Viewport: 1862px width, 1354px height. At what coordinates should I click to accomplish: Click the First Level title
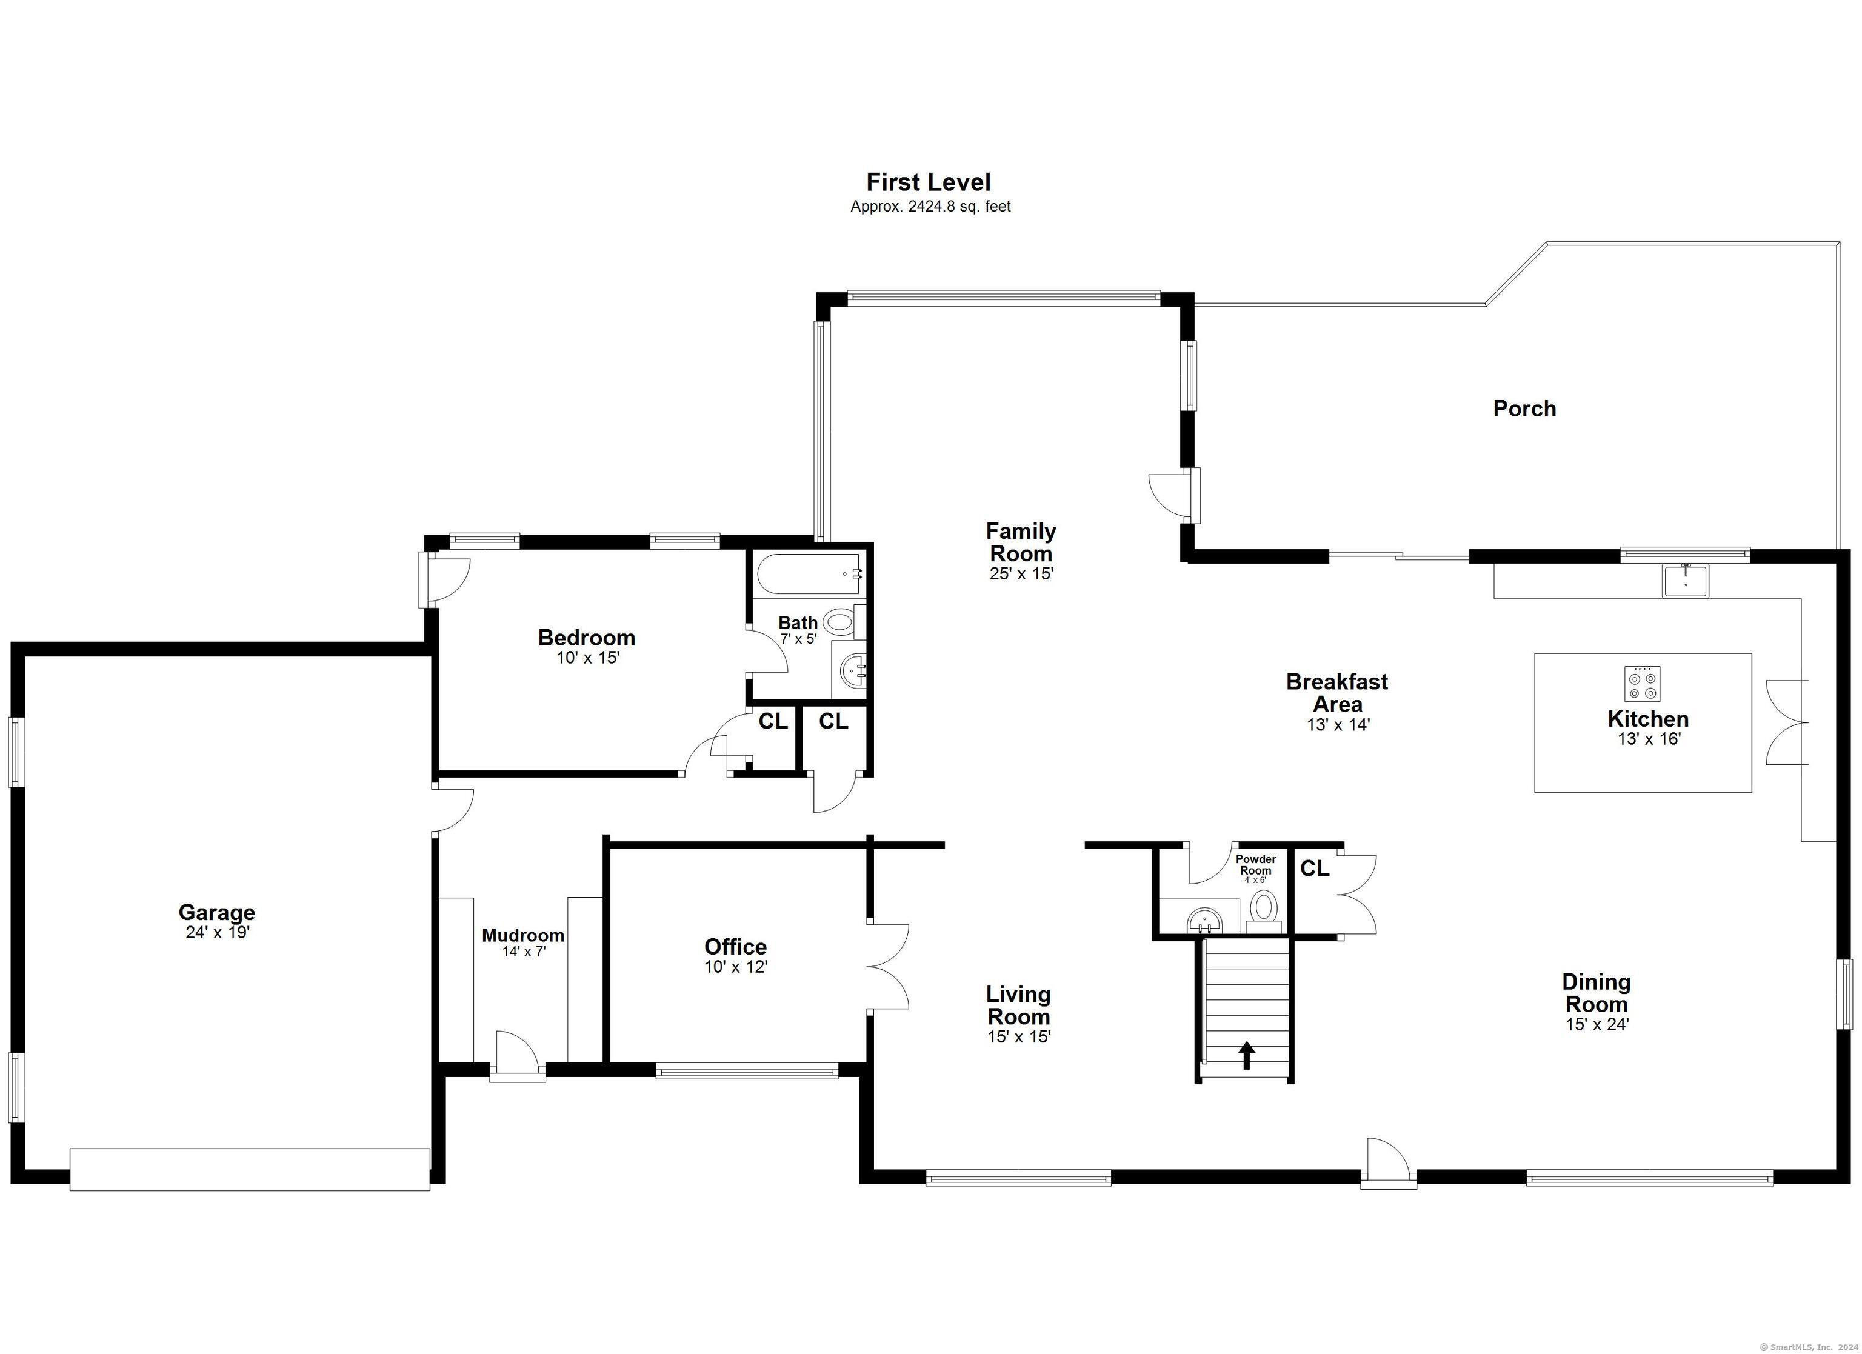pos(929,182)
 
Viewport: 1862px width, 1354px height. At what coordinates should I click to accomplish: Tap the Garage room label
pos(217,912)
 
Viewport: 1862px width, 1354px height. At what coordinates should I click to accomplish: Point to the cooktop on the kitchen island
pos(1642,683)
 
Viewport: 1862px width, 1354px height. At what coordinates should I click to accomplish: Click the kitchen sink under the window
pos(1686,581)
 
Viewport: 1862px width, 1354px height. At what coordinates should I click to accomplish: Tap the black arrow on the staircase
pos(1247,1055)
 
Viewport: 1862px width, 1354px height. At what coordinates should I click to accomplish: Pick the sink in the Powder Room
pos(1204,919)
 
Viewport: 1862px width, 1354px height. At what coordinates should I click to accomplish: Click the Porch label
pos(1524,409)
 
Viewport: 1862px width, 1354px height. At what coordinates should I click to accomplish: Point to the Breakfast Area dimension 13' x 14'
pos(1338,725)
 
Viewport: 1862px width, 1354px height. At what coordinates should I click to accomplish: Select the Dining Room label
pos(1596,993)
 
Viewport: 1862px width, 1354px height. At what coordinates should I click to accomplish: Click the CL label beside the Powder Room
pos(1315,869)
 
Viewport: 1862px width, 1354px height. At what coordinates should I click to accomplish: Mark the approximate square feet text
pos(930,207)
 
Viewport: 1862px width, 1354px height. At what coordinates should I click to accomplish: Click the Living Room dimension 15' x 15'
pos(1019,1037)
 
